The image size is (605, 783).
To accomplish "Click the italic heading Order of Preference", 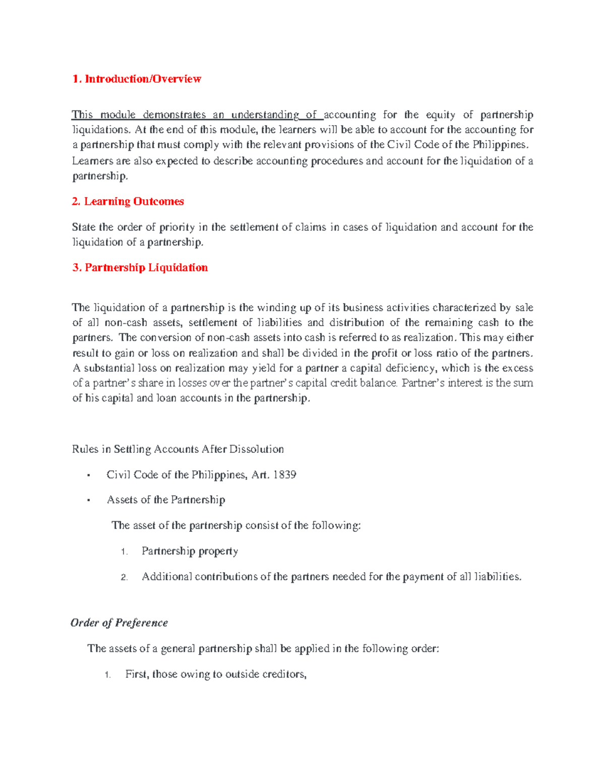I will [x=119, y=623].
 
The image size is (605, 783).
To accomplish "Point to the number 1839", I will [x=284, y=475].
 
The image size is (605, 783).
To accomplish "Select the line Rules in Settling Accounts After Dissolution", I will [x=178, y=449].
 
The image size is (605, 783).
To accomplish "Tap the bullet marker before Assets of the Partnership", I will [x=89, y=501].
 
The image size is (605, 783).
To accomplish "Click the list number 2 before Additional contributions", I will [x=124, y=578].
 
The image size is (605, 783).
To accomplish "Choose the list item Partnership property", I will [x=190, y=551].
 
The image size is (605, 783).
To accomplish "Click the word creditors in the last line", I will [x=284, y=675].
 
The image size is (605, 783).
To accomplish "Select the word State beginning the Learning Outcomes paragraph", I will [x=84, y=227].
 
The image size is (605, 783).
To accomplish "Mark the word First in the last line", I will [x=137, y=675].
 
